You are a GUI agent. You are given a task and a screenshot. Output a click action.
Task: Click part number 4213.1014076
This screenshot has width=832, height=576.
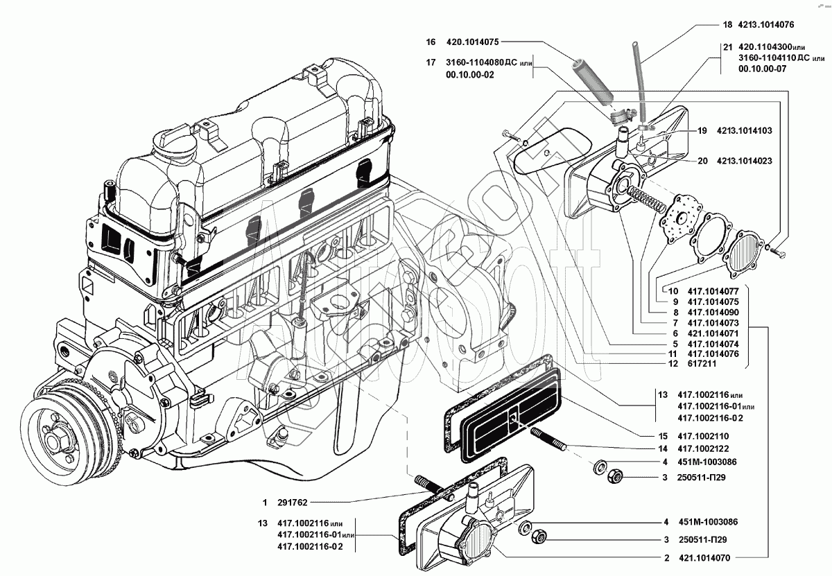pos(765,25)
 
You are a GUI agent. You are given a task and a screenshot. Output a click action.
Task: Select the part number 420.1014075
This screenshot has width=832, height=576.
pos(472,42)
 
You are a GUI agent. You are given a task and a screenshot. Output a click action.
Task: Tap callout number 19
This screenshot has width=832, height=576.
pos(702,131)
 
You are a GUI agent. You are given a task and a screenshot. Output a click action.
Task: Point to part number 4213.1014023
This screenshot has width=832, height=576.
pos(745,161)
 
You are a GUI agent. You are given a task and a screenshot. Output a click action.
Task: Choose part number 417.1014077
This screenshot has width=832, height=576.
pos(713,291)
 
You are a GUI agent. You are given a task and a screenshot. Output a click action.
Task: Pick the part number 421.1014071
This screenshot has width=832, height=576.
pos(713,333)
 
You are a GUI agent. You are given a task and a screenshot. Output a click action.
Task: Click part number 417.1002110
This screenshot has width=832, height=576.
pos(703,436)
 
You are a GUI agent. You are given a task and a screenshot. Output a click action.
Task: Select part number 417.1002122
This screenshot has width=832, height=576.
pos(703,448)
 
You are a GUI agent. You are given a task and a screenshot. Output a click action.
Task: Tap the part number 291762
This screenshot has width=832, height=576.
pos(293,503)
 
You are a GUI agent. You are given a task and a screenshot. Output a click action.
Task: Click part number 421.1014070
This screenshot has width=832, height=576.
pos(704,558)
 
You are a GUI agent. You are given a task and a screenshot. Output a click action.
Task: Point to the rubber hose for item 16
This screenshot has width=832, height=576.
pos(591,82)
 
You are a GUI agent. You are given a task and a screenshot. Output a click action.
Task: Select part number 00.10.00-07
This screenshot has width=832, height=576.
pos(762,69)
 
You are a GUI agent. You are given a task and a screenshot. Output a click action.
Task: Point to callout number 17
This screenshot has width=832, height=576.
pos(431,62)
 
